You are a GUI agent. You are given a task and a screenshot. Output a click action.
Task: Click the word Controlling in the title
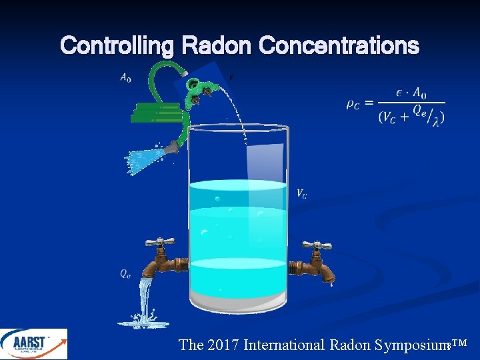tap(117, 46)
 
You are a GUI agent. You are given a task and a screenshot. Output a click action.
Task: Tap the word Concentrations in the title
tap(339, 46)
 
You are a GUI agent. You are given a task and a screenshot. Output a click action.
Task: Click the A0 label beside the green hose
tap(125, 78)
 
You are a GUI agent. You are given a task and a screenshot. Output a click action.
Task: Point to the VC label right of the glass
tap(302, 194)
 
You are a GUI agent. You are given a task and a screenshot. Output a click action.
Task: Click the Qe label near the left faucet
tap(125, 273)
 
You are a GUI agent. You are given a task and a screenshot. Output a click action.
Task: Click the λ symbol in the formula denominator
tap(437, 120)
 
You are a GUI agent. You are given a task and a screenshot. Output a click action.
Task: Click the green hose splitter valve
tap(199, 90)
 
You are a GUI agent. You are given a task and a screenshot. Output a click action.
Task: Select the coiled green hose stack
tap(157, 113)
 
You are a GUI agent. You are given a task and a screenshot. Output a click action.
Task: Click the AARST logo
tap(33, 344)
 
